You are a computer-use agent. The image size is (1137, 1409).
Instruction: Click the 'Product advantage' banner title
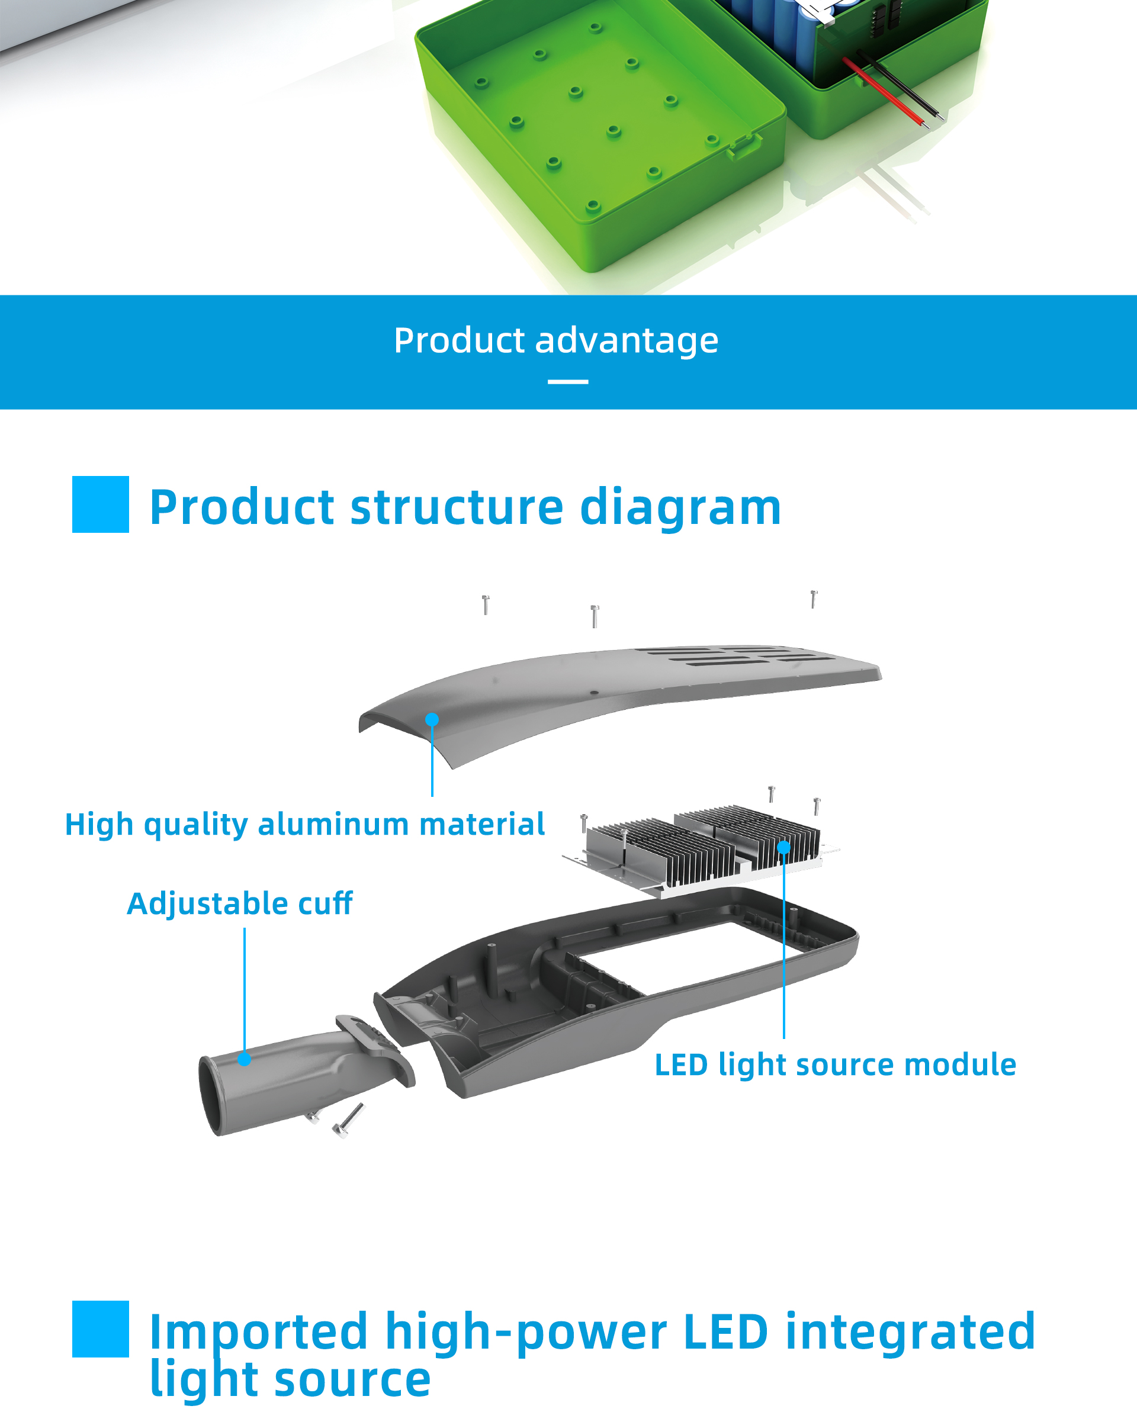point(556,341)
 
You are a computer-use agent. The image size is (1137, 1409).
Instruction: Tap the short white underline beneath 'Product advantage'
point(568,381)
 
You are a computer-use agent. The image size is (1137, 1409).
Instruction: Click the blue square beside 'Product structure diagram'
point(100,504)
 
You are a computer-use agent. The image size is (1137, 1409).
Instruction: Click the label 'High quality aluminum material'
point(304,824)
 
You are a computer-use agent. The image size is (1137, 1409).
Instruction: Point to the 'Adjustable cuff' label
point(240,903)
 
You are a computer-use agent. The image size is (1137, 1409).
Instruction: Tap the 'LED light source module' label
point(835,1065)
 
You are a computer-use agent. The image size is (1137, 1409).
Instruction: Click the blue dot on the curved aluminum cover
point(432,719)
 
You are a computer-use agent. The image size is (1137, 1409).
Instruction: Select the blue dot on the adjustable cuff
point(245,1059)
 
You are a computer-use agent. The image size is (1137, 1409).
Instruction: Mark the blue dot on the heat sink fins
point(783,847)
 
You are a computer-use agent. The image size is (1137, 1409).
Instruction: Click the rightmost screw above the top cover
point(814,599)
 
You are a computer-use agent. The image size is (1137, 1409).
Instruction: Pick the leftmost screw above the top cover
point(486,605)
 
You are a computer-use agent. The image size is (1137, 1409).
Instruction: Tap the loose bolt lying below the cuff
point(349,1120)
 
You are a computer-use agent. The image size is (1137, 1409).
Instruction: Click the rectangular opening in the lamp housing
point(681,953)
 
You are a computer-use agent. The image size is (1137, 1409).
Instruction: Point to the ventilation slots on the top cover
point(734,656)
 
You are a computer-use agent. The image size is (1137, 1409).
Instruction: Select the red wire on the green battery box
point(884,92)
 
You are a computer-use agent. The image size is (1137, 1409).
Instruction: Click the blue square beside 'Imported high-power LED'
point(100,1328)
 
